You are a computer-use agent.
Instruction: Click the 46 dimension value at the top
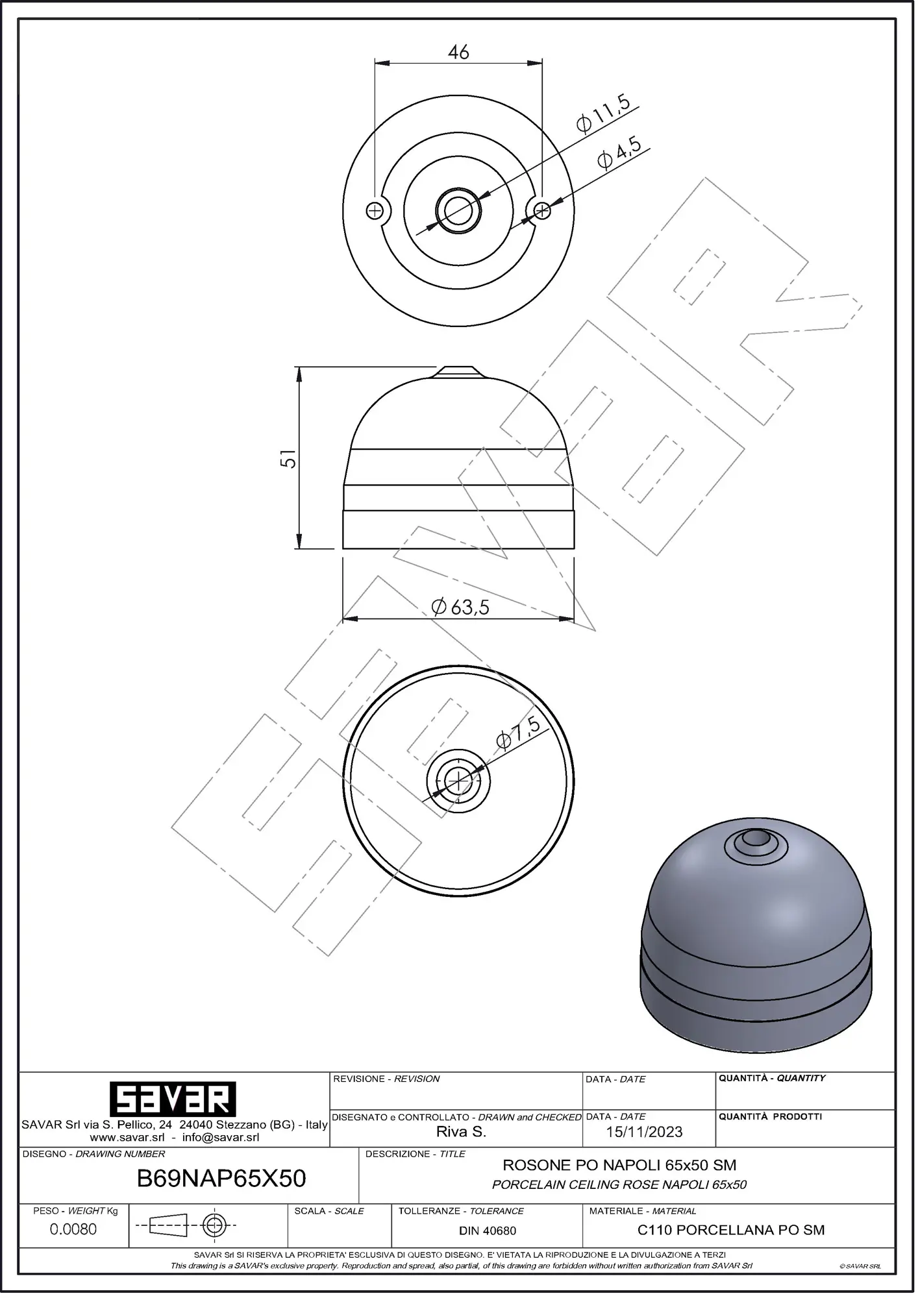(x=458, y=52)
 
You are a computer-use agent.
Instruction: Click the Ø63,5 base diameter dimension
(x=460, y=607)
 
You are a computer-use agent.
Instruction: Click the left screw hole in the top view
(x=375, y=210)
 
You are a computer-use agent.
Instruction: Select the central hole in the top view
(x=458, y=210)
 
